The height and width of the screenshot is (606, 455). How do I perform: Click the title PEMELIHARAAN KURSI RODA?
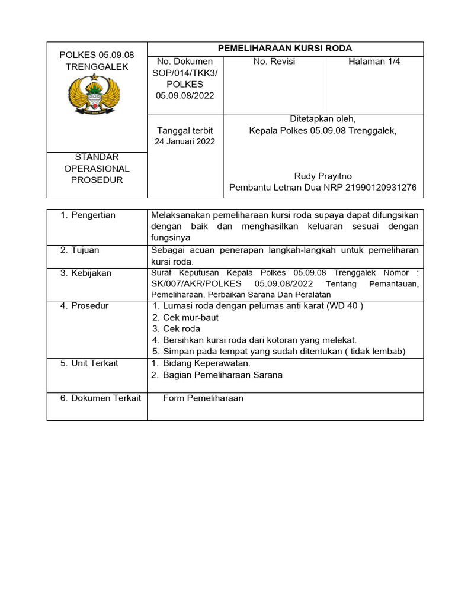(x=285, y=49)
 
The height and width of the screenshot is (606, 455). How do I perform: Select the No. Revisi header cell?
(x=274, y=62)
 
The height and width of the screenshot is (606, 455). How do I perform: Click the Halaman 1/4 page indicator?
(x=374, y=62)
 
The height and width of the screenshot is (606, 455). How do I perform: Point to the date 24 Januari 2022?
(x=185, y=141)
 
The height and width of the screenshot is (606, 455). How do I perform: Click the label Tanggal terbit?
(x=185, y=130)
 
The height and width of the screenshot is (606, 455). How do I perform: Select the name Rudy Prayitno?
(x=322, y=176)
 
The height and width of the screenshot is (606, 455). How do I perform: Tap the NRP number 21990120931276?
(x=377, y=188)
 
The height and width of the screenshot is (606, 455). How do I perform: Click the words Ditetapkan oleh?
(x=322, y=119)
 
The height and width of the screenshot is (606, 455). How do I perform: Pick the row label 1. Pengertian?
(x=88, y=215)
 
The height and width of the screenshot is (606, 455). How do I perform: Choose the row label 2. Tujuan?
(x=80, y=250)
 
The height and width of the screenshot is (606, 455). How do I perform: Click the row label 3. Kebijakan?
(x=86, y=273)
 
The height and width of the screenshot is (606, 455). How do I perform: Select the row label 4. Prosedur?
(x=84, y=305)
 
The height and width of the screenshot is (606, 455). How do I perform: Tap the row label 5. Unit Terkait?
(x=89, y=363)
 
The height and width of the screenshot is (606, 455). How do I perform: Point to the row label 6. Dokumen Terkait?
(x=100, y=398)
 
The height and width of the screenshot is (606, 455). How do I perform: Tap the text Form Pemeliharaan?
(x=203, y=398)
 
